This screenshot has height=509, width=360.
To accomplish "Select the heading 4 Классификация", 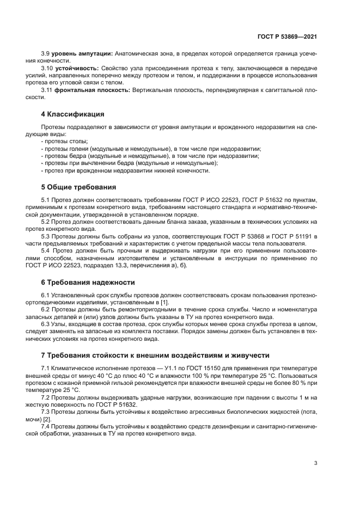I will click(73, 114).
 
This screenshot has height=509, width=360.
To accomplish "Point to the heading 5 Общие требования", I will click(78, 187).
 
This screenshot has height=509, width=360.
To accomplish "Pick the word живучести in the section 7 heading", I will click(248, 355).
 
